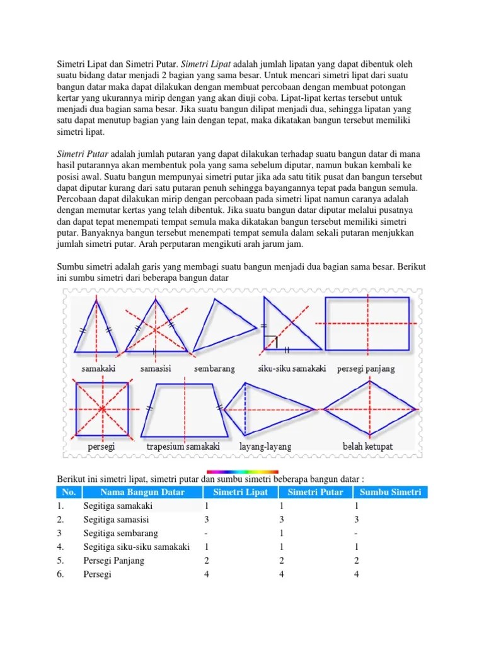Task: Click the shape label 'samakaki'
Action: point(98,368)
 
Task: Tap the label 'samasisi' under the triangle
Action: point(156,368)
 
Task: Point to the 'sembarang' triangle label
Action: point(214,368)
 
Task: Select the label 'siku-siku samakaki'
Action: point(292,368)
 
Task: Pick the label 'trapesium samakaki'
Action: point(183,447)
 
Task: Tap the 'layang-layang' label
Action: point(265,447)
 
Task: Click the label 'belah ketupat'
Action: point(367,447)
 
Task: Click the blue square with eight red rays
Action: point(102,409)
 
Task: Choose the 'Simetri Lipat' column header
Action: point(240,492)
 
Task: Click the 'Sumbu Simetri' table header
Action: point(390,492)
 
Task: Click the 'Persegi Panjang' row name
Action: point(113,561)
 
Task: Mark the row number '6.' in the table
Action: point(60,574)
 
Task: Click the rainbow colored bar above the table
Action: point(242,471)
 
